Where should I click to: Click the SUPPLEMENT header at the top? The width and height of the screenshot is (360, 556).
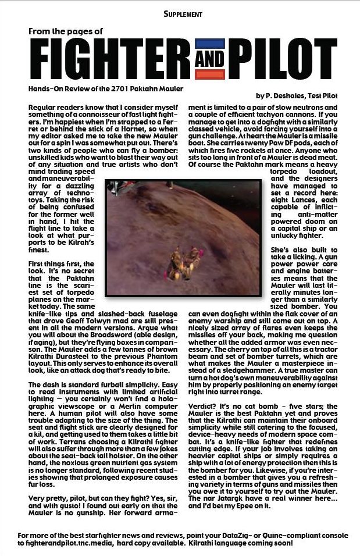click(183, 12)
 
